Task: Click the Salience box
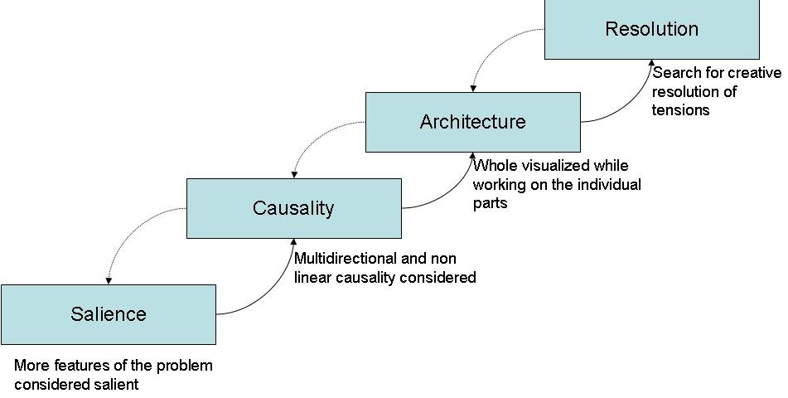click(x=109, y=314)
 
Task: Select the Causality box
click(x=293, y=208)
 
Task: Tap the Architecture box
click(x=472, y=122)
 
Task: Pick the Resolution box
click(x=651, y=29)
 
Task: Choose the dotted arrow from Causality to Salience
click(x=133, y=228)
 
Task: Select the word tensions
click(x=680, y=110)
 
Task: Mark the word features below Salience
click(x=80, y=366)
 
